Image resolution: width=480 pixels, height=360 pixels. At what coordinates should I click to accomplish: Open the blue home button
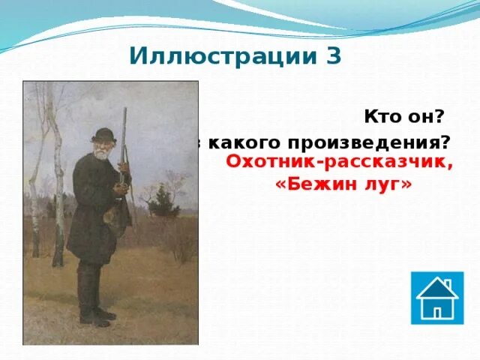[437, 298]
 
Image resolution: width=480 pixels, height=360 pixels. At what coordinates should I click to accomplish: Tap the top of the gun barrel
[124, 111]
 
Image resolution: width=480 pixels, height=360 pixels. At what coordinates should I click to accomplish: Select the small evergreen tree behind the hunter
[159, 201]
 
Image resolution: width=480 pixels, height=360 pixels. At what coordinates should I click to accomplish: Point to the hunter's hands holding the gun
[119, 187]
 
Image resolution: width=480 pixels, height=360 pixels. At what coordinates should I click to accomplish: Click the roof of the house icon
[436, 287]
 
